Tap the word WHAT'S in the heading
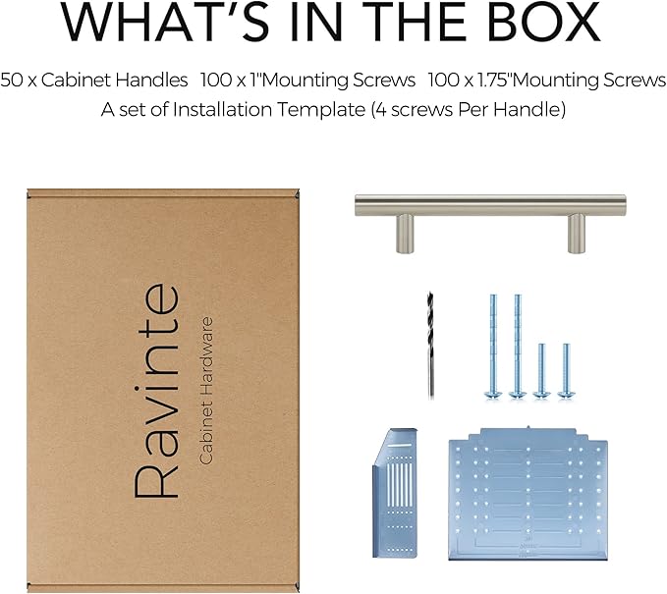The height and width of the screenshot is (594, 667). (165, 22)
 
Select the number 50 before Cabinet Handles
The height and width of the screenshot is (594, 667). (12, 80)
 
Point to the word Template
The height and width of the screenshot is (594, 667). (321, 110)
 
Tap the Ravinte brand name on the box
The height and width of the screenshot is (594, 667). (155, 391)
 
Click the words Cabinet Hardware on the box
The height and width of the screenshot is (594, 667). (206, 391)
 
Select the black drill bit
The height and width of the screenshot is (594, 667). (430, 345)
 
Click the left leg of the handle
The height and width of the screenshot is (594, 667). (405, 234)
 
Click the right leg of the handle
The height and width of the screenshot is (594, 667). (577, 234)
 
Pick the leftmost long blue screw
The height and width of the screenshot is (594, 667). (493, 347)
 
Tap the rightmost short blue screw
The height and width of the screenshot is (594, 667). (566, 371)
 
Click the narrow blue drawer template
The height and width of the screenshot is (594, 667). (395, 492)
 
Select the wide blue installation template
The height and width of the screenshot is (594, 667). (528, 493)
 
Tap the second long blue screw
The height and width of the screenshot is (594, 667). (518, 347)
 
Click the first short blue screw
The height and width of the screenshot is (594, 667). (541, 371)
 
